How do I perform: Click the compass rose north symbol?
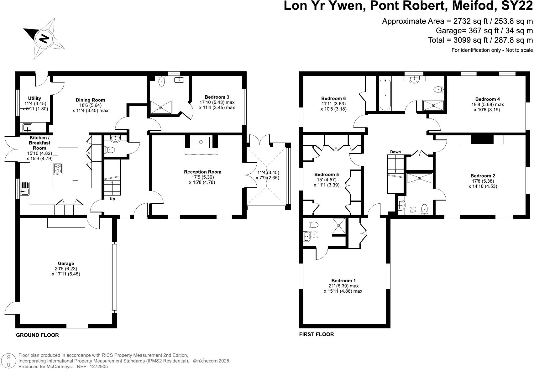(44, 39)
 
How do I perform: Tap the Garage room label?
(66, 264)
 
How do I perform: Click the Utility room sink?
(28, 128)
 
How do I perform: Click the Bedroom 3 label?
(217, 97)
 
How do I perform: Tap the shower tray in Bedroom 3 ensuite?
(161, 107)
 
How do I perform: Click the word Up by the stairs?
(112, 199)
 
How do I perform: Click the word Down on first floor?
(395, 152)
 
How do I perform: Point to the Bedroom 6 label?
(333, 98)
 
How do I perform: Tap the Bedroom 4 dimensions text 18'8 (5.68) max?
(489, 104)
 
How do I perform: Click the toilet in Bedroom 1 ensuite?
(314, 224)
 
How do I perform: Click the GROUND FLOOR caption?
(37, 335)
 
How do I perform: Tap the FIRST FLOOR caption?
(317, 334)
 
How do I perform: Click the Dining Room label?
(90, 100)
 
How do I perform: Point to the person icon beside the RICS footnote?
(10, 361)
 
